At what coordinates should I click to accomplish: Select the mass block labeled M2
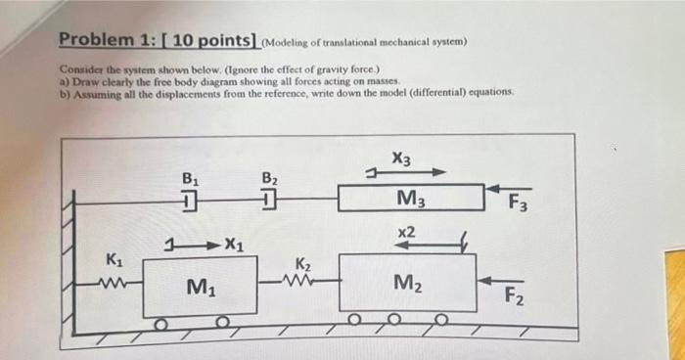[x=407, y=284]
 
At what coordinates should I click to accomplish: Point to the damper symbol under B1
[x=190, y=202]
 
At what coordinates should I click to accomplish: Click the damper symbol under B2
[x=270, y=202]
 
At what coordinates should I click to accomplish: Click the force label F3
[x=518, y=204]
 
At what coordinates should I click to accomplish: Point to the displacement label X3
[x=400, y=157]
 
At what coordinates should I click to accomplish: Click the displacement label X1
[x=234, y=244]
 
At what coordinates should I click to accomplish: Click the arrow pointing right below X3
[x=411, y=173]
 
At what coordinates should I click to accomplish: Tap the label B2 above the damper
[x=270, y=179]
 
